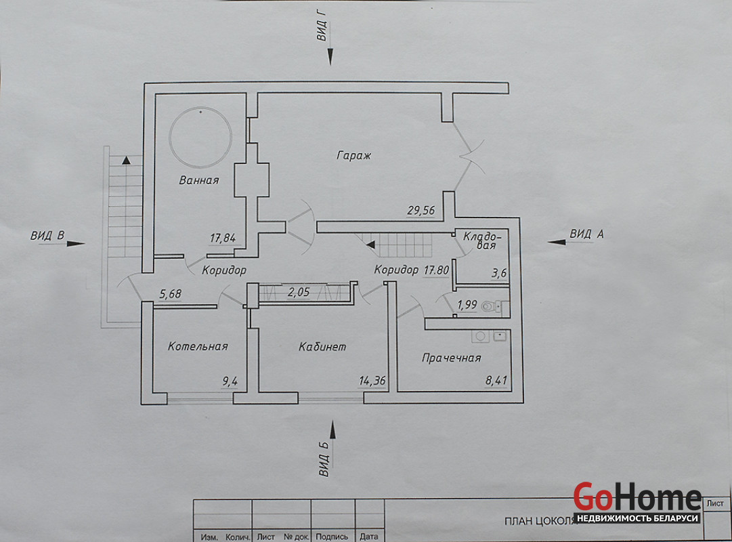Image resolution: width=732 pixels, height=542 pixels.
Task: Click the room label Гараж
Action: tap(354, 155)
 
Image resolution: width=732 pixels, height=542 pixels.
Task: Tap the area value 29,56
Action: tap(421, 210)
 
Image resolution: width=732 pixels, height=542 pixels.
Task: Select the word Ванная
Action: tap(199, 180)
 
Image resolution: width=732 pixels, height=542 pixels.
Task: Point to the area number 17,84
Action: tap(224, 238)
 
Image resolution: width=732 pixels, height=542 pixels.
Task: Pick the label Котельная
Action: tap(198, 346)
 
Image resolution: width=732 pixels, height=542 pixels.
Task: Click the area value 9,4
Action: tap(230, 381)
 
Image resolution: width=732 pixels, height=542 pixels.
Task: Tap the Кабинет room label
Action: tap(322, 347)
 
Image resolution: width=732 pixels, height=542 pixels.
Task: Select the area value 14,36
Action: tap(372, 381)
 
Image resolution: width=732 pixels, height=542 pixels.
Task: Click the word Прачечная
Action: tap(451, 358)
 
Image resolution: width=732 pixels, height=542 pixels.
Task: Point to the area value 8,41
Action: tap(496, 381)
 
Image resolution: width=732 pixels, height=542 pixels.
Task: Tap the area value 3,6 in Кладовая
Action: tap(500, 274)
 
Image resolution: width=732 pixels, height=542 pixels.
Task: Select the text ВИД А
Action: tap(586, 234)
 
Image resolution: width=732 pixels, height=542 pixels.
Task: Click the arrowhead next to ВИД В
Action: tap(77, 243)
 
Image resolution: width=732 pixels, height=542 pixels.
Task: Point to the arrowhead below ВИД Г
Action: tap(330, 59)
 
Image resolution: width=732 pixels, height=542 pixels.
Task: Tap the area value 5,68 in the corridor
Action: tap(170, 294)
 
